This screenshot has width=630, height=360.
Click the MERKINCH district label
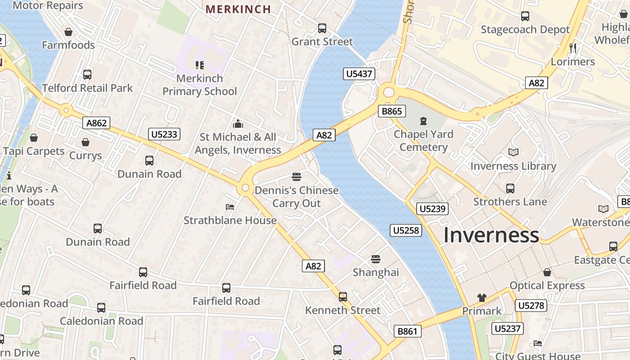pyautogui.click(x=238, y=9)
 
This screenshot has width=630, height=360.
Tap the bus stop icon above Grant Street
pyautogui.click(x=322, y=28)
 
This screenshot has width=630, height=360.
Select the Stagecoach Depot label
pyautogui.click(x=525, y=30)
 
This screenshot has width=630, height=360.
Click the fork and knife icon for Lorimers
pyautogui.click(x=573, y=48)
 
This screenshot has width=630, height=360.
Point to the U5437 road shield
pyautogui.click(x=359, y=74)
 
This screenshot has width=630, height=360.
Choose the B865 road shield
pyautogui.click(x=392, y=111)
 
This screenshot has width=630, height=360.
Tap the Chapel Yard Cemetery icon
pyautogui.click(x=423, y=121)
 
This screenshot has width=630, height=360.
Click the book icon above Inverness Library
pyautogui.click(x=513, y=153)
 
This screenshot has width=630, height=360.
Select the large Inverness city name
pyautogui.click(x=491, y=235)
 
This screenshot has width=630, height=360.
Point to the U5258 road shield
pyautogui.click(x=406, y=230)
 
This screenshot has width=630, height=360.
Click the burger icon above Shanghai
pyautogui.click(x=376, y=259)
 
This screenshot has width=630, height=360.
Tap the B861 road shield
pyautogui.click(x=408, y=332)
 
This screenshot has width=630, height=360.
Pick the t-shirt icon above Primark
pyautogui.click(x=482, y=298)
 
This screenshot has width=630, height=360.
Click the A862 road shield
pyautogui.click(x=96, y=123)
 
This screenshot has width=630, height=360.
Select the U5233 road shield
pyautogui.click(x=164, y=134)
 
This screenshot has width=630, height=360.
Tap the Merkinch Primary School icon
pyautogui.click(x=200, y=65)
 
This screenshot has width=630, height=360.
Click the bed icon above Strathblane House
pyautogui.click(x=230, y=207)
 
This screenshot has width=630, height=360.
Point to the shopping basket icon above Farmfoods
pyautogui.click(x=68, y=32)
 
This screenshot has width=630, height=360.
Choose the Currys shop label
pyautogui.click(x=85, y=156)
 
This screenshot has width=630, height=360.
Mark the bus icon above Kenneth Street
pyautogui.click(x=343, y=297)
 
